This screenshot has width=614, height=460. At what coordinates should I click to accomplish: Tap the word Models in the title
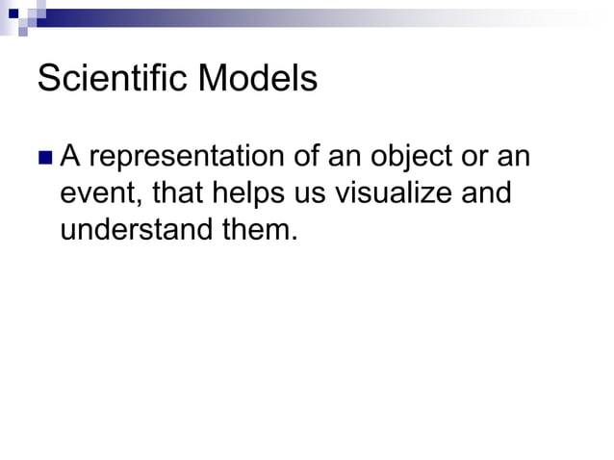(257, 79)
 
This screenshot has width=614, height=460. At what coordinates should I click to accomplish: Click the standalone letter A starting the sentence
(70, 156)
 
